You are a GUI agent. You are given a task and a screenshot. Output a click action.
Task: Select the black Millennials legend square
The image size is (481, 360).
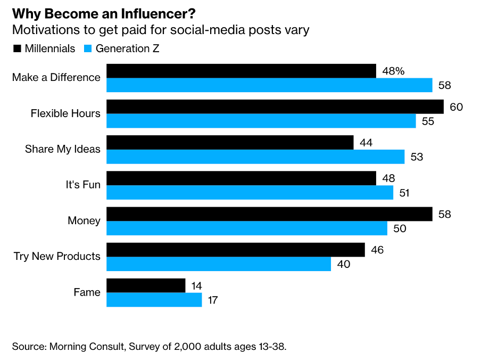pyautogui.click(x=16, y=48)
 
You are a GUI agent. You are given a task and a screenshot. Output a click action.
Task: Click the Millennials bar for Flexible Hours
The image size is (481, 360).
pyautogui.click(x=275, y=107)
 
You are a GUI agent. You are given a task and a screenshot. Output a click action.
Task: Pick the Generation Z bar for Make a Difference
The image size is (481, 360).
pyautogui.click(x=269, y=85)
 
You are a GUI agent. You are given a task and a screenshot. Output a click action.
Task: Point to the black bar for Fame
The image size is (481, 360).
pyautogui.click(x=146, y=285)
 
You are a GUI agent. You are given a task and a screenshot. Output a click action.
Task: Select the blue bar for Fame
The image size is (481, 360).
pyautogui.click(x=154, y=300)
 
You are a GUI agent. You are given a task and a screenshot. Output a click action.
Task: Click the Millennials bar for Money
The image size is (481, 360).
pyautogui.click(x=269, y=214)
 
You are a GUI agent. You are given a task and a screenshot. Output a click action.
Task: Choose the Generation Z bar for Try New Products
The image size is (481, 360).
pyautogui.click(x=219, y=264)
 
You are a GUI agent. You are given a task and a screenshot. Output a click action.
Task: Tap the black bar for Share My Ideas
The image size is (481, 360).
pyautogui.click(x=230, y=142)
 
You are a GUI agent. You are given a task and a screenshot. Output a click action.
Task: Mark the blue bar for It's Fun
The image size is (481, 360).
pyautogui.click(x=250, y=192)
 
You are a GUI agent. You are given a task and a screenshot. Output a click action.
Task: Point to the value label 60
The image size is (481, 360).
pyautogui.click(x=456, y=107)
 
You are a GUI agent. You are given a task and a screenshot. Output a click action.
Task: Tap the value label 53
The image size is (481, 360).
pyautogui.click(x=416, y=157)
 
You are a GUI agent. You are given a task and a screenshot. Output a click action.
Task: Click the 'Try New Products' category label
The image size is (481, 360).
pyautogui.click(x=57, y=256)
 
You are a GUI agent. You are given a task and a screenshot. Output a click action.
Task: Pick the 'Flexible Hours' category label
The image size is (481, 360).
pyautogui.click(x=65, y=113)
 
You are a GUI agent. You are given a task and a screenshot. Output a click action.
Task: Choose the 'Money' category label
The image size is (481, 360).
pyautogui.click(x=84, y=220)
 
